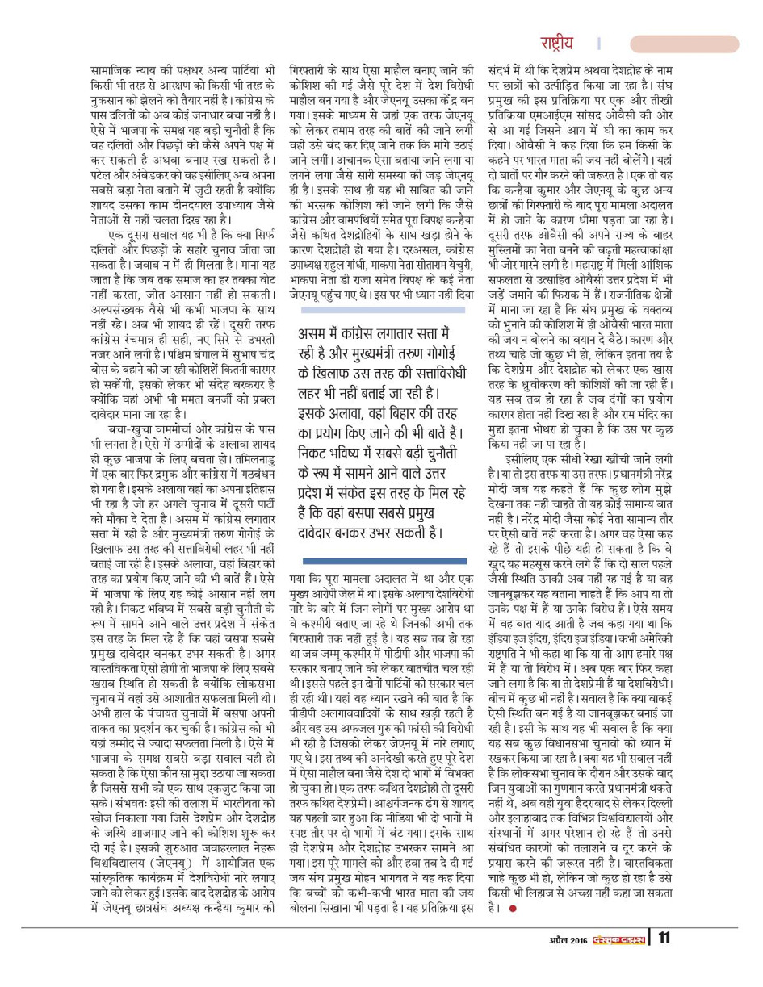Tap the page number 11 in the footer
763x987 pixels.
pos(663,958)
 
